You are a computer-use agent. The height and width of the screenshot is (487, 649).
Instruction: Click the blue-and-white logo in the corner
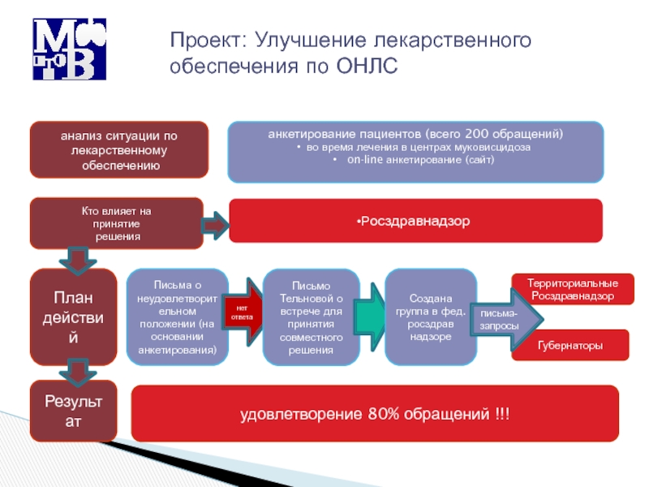69,48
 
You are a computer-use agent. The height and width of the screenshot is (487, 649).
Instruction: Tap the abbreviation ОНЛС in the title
367,66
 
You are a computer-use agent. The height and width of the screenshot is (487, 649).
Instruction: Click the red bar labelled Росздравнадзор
415,221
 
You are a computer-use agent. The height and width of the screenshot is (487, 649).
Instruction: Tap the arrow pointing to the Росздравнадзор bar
216,225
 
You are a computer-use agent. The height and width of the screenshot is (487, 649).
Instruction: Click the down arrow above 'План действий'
78,261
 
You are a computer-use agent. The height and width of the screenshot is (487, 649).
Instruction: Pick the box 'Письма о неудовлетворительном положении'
178,317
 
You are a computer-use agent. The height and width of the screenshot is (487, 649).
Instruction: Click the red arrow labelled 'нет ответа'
244,312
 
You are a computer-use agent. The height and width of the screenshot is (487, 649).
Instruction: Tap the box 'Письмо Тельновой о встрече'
311,317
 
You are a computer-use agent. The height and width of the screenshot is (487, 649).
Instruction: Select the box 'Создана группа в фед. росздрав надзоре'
430,317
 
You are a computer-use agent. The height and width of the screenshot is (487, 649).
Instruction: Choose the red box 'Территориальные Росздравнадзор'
572,290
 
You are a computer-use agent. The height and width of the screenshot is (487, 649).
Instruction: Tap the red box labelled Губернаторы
570,346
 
